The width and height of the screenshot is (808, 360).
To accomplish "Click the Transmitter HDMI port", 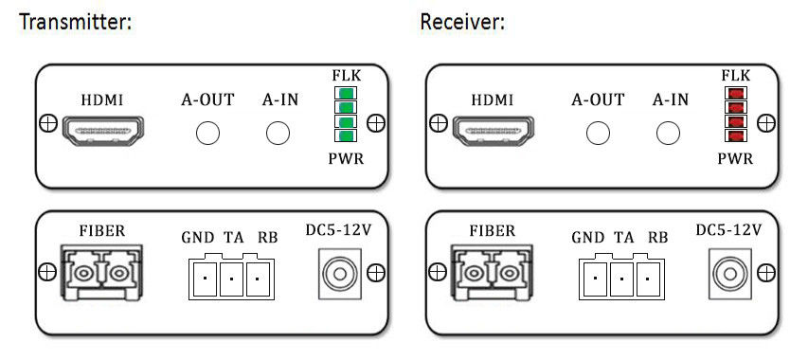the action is (x=103, y=131).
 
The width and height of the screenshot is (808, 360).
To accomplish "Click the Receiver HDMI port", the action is (x=494, y=131).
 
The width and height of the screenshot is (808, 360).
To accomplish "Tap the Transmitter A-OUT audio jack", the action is (x=207, y=134).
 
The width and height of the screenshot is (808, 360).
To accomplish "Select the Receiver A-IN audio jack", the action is (x=668, y=134).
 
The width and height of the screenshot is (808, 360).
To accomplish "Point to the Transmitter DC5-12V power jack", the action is (x=339, y=274).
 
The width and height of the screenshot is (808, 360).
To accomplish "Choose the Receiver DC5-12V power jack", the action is (x=729, y=274).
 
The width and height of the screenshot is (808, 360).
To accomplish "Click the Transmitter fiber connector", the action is (x=100, y=273).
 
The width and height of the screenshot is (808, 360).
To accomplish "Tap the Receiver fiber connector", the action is (x=491, y=273).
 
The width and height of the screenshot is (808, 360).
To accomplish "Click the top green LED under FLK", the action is (x=347, y=93).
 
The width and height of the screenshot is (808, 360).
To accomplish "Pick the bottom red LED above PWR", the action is (x=736, y=136).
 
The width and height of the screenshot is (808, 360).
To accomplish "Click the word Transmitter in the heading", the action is (x=75, y=23).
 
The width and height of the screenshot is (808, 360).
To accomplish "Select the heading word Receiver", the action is (x=462, y=23).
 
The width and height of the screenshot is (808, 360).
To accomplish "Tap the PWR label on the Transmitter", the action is (x=347, y=159).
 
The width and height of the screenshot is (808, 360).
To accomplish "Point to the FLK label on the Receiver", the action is (x=736, y=76).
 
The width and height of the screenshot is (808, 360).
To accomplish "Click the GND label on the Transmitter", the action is (x=197, y=238).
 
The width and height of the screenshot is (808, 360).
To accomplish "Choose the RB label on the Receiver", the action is (x=657, y=238).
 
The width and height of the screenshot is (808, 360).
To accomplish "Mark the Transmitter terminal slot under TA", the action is (x=231, y=279).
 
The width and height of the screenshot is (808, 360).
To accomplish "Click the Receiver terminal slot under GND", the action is (x=595, y=279).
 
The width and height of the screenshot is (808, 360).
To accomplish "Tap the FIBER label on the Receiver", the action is (x=493, y=230).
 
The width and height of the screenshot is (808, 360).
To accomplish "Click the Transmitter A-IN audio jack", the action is (x=278, y=134).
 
